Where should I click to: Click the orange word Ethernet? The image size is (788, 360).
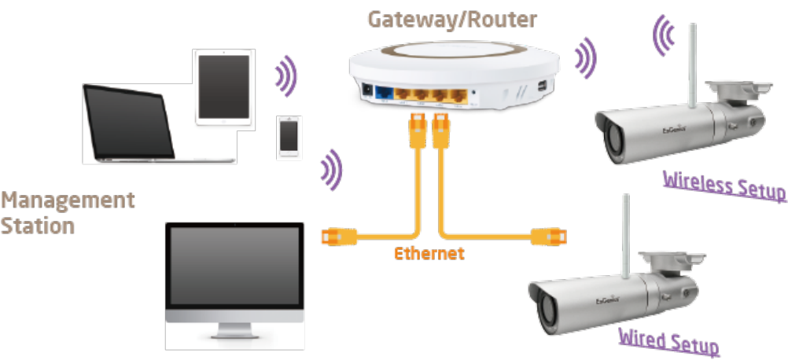tap(429, 254)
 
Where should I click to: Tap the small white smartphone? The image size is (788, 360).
tap(289, 138)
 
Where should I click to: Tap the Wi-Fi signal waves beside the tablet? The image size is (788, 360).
tap(287, 75)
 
